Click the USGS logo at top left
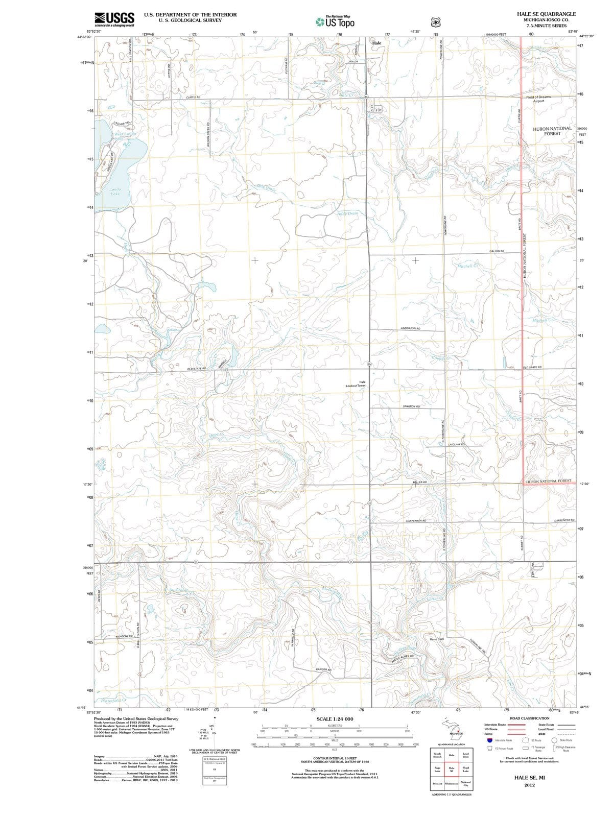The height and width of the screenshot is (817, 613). point(114,19)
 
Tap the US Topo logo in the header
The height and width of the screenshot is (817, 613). point(334,22)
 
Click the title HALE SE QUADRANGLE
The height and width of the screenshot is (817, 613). point(546,14)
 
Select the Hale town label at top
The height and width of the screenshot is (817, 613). point(377,43)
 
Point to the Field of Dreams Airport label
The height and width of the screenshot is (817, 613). point(538,99)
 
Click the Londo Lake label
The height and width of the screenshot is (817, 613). point(115,191)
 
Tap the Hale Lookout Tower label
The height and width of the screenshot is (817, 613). point(356,383)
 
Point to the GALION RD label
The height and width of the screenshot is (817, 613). point(497,251)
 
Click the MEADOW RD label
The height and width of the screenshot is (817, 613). point(124,636)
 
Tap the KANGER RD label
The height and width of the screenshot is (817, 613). point(324,669)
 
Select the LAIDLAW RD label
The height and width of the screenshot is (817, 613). point(456,445)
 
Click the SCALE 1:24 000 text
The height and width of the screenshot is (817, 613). point(335,719)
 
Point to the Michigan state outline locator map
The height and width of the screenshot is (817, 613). point(452,729)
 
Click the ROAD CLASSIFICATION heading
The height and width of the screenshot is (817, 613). point(530,718)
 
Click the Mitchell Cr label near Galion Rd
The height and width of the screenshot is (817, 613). point(468,266)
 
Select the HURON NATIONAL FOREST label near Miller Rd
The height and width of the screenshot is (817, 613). point(549,481)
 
